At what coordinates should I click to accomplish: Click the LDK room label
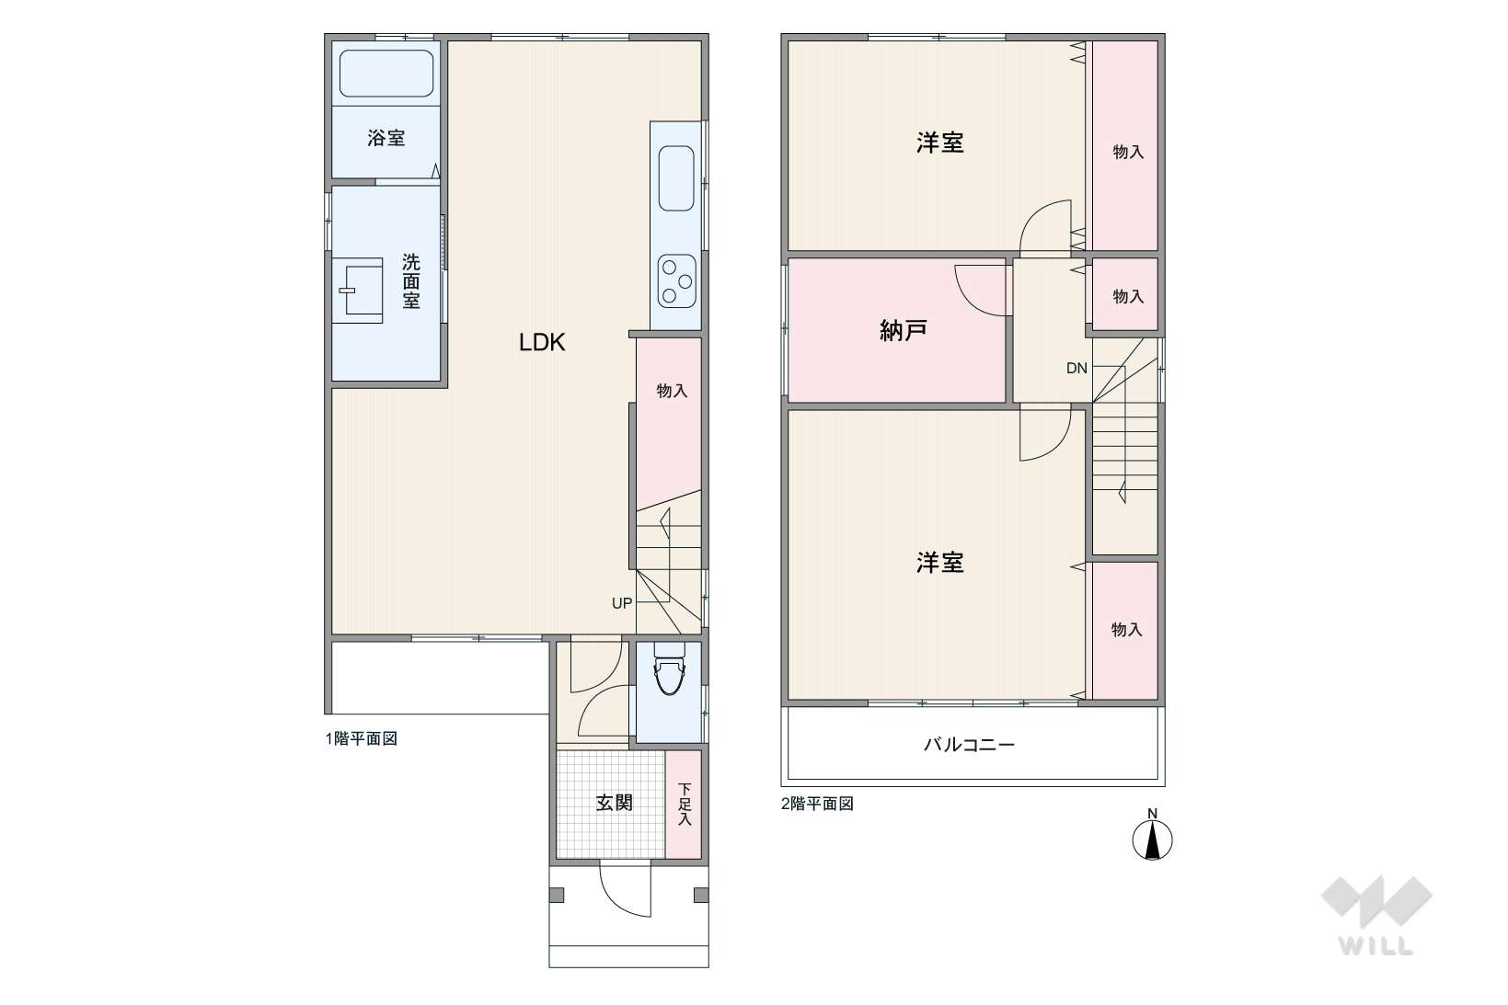pos(541,342)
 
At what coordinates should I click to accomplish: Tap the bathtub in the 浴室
pos(386,74)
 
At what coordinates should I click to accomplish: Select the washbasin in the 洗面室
pos(358,290)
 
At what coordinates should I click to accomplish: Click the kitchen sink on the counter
pos(676,179)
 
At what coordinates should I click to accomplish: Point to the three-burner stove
pos(676,281)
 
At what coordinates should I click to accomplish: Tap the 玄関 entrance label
pos(614,803)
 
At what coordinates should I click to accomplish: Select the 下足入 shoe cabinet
pos(684,804)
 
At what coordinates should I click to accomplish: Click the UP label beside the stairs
pos(622,603)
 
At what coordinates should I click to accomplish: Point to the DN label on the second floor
pos(1076,368)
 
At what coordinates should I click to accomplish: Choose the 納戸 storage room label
pos(904,330)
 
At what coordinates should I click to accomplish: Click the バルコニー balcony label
pos(969,745)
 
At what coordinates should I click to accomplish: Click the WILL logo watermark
pos(1376,915)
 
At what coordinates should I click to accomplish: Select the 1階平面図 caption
pos(362,738)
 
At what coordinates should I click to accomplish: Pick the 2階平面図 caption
pos(817,804)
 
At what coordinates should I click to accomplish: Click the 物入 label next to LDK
pos(672,391)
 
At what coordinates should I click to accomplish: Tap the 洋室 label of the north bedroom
pos(939,143)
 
